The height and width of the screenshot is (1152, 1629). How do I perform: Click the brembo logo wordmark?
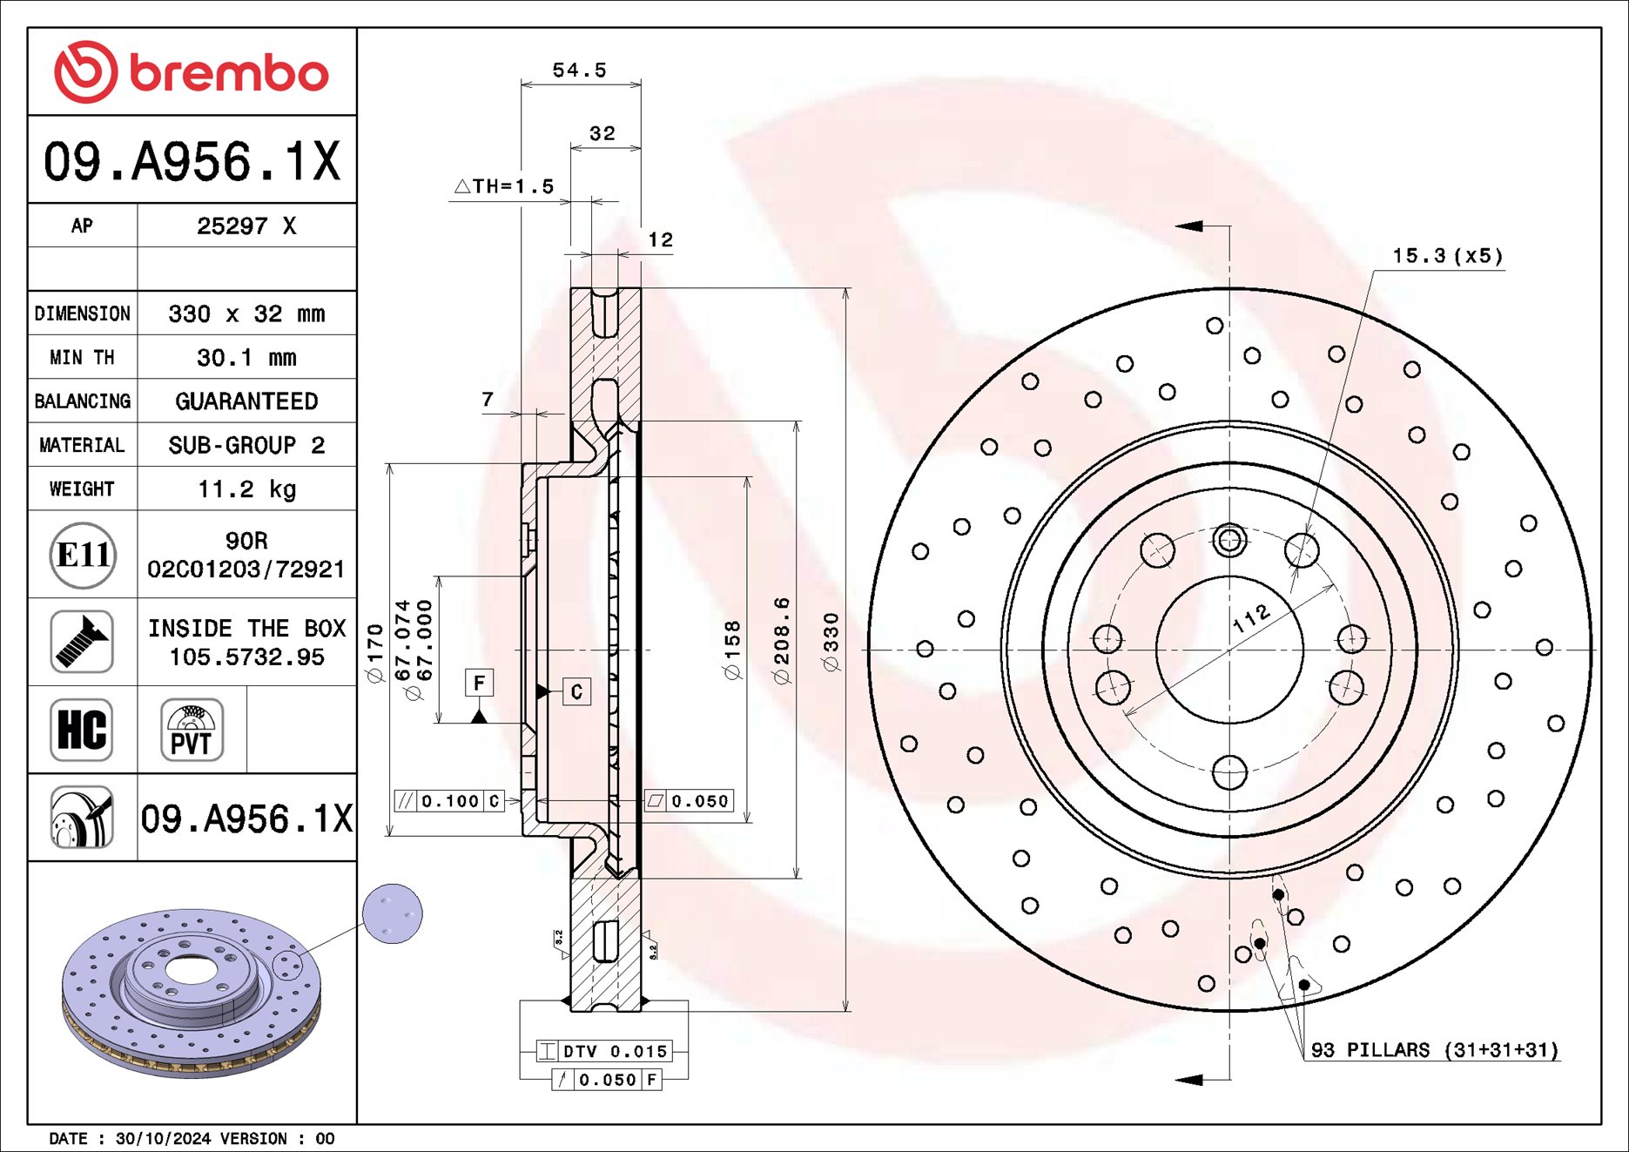[x=228, y=73]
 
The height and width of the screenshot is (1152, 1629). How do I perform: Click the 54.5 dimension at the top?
[x=579, y=71]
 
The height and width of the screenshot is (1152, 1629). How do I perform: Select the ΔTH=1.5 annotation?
[x=504, y=186]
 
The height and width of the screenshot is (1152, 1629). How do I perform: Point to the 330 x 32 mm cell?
[x=246, y=313]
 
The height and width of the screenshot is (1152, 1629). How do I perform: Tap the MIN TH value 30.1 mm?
[x=246, y=358]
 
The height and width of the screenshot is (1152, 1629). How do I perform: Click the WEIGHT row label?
[x=82, y=488]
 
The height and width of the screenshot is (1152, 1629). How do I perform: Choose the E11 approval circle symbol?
[x=82, y=555]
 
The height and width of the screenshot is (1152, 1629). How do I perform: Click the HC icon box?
[x=82, y=730]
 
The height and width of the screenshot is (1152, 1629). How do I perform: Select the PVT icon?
[x=192, y=730]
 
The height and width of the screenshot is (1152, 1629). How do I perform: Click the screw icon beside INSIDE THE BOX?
[x=82, y=642]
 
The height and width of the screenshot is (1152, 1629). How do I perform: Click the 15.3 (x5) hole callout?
[x=1447, y=256]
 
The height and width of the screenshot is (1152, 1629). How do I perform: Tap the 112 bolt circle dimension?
[x=1251, y=618]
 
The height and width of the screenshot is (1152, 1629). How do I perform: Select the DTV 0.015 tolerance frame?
[x=614, y=1052]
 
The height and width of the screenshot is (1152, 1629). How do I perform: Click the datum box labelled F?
[x=479, y=684]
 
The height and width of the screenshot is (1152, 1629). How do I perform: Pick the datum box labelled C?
[x=576, y=692]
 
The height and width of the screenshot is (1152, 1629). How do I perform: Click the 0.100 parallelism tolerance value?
[x=449, y=801]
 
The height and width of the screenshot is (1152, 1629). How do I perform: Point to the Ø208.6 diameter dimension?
[x=782, y=640]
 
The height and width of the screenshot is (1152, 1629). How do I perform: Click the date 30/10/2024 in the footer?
[x=163, y=1139]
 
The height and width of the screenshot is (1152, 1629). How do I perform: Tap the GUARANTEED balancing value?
[x=246, y=401]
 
